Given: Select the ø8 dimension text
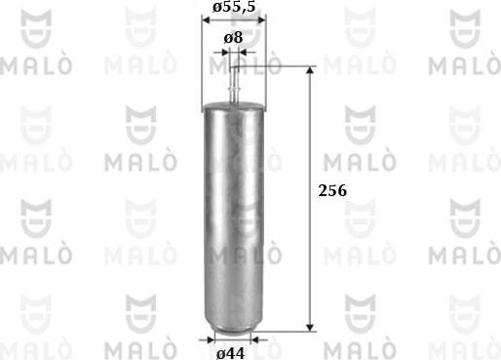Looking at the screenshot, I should pyautogui.click(x=233, y=36).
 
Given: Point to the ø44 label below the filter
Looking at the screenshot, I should pyautogui.click(x=231, y=352).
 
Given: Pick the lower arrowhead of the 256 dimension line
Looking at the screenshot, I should pyautogui.click(x=311, y=329).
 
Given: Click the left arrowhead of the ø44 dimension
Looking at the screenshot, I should pyautogui.click(x=212, y=340).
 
